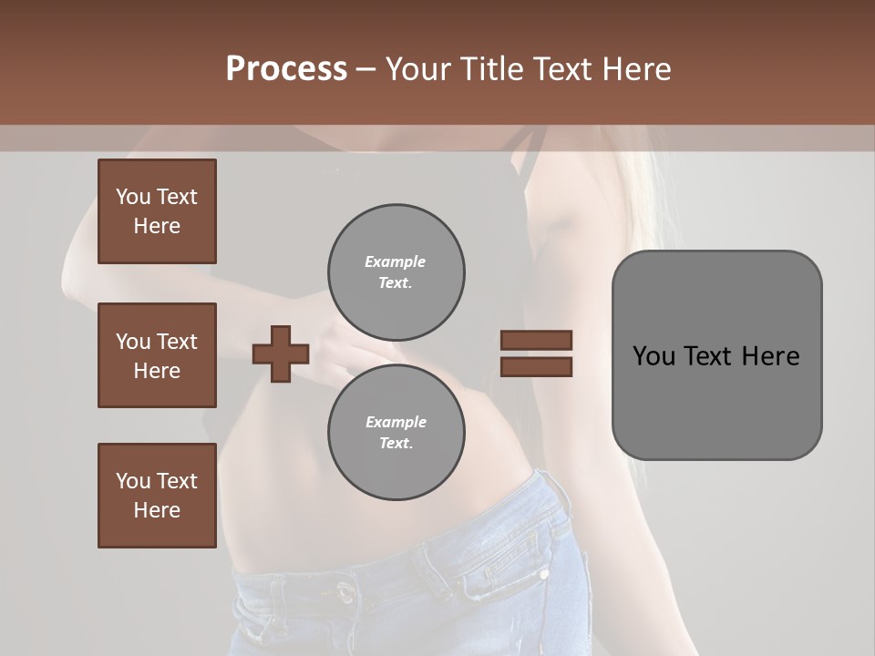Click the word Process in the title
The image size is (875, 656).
[x=286, y=69]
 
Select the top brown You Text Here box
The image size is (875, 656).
[x=157, y=211]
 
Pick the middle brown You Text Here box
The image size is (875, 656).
[x=157, y=355]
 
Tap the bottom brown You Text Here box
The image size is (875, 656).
[x=157, y=496]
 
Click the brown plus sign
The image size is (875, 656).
[x=281, y=354]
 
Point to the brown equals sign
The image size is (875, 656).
[x=536, y=354]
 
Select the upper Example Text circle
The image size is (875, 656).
[x=396, y=272]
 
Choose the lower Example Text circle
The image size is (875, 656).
[x=396, y=432]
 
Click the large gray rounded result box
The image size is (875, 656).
[x=716, y=355]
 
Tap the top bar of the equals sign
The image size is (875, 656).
[x=536, y=341]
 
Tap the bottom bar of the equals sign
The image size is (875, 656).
[x=536, y=366]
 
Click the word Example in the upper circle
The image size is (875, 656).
[x=396, y=261]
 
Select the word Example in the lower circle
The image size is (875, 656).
[x=396, y=422]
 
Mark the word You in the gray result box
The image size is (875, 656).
[x=654, y=356]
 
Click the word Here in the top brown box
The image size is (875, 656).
[x=157, y=226]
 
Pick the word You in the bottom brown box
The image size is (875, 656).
[x=133, y=481]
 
